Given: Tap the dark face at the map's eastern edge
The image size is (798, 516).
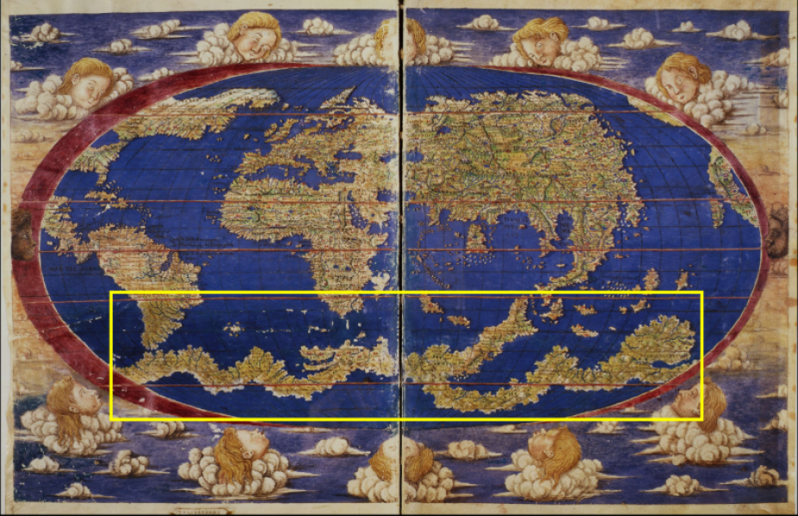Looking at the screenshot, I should pyautogui.click(x=777, y=230).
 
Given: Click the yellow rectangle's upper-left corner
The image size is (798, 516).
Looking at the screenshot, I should pyautogui.click(x=112, y=293).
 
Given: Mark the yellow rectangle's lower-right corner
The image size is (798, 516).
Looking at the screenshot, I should pyautogui.click(x=702, y=419).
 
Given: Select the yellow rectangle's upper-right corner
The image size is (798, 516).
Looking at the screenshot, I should pyautogui.click(x=702, y=293).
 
